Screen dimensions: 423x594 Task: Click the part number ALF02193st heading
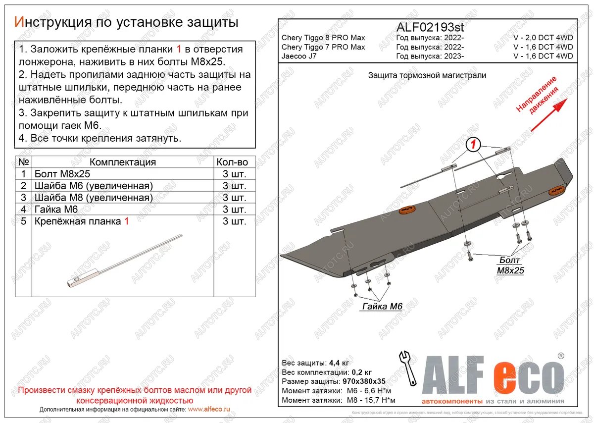pyautogui.click(x=431, y=27)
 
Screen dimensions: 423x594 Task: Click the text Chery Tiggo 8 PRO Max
pyautogui.click(x=323, y=38)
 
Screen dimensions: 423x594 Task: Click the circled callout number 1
pyautogui.click(x=474, y=145)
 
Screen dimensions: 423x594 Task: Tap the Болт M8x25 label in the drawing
pyautogui.click(x=510, y=265)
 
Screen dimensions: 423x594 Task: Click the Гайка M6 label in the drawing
pyautogui.click(x=382, y=307)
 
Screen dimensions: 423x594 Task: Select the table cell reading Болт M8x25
pyautogui.click(x=62, y=174)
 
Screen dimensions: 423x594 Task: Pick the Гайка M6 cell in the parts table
pyautogui.click(x=53, y=210)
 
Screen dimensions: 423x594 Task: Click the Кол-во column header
pyautogui.click(x=232, y=162)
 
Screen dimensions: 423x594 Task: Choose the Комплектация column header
pyautogui.click(x=123, y=162)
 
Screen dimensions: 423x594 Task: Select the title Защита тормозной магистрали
pyautogui.click(x=427, y=75)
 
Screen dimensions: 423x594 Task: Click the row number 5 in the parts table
pyautogui.click(x=23, y=221)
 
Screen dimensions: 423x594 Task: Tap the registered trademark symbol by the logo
pyautogui.click(x=561, y=356)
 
